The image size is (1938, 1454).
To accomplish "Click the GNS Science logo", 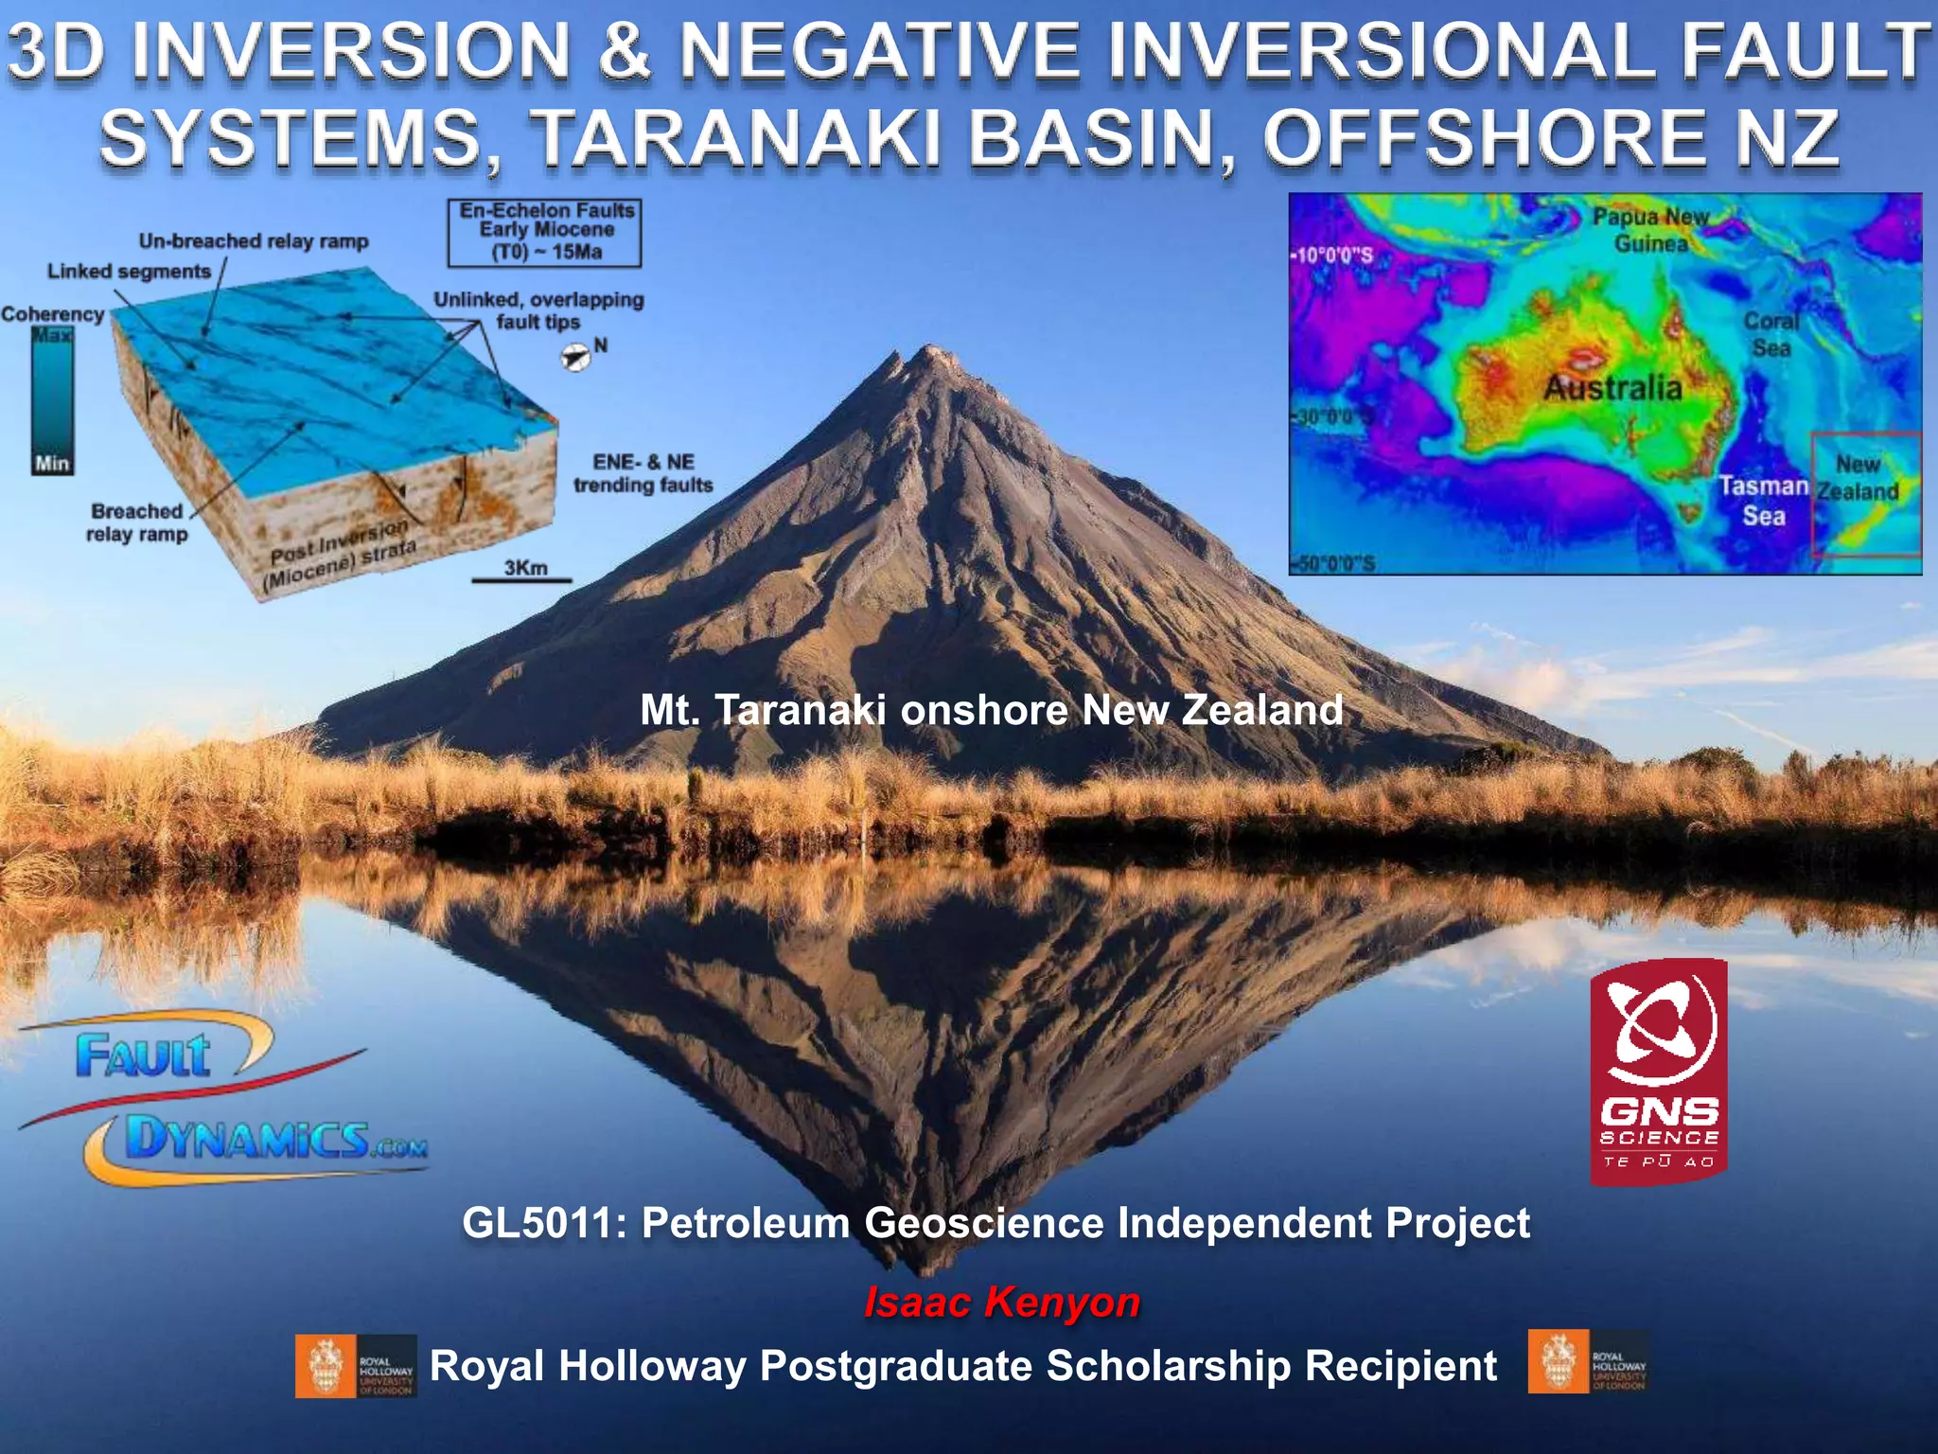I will click(1659, 1072).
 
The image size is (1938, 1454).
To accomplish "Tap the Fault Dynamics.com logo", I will click(223, 1098).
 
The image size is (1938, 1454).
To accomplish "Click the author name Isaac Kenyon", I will click(1001, 1302).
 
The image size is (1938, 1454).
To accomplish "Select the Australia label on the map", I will click(1612, 387).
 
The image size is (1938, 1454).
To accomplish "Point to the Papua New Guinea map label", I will click(1650, 230).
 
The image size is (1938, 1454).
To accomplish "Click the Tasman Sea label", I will click(1763, 501).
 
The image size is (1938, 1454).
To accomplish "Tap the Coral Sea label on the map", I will click(1771, 334).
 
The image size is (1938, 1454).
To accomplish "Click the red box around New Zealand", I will click(1865, 493).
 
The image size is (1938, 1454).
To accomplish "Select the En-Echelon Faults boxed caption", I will click(545, 232).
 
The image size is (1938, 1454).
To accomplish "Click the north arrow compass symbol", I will click(575, 357).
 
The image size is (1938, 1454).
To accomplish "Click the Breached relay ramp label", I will click(136, 523).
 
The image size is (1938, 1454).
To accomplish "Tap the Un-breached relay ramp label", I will click(254, 241).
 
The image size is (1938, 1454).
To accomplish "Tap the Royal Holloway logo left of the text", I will click(356, 1366).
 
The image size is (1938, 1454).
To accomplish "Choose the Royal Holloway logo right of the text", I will click(1589, 1362).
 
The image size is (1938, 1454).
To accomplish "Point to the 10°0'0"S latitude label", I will click(1332, 256).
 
